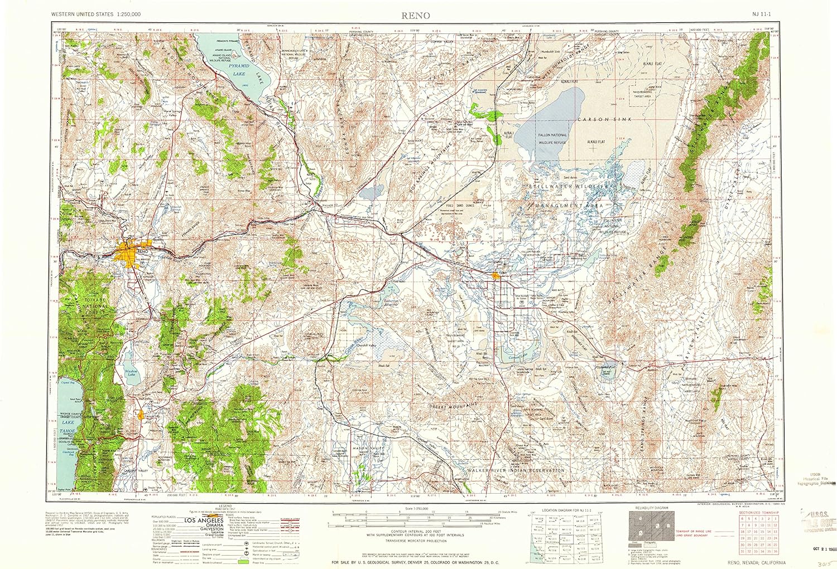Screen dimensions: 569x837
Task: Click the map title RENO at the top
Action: tap(416, 15)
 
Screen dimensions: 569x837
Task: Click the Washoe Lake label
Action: tap(131, 372)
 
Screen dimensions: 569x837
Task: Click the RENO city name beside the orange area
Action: tap(142, 252)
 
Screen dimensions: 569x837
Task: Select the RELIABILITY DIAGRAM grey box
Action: tap(651, 526)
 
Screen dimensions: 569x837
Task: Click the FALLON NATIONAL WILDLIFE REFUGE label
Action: tap(552, 138)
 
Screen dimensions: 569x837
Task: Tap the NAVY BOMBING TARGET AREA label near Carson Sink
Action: tap(642, 93)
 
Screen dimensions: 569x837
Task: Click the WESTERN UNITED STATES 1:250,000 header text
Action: tap(96, 13)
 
